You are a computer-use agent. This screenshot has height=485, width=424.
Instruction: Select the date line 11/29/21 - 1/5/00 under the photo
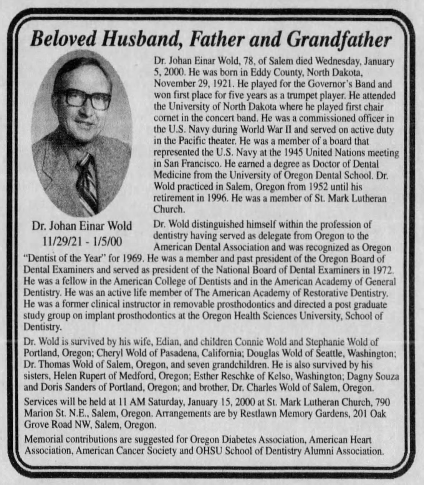pos(82,241)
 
